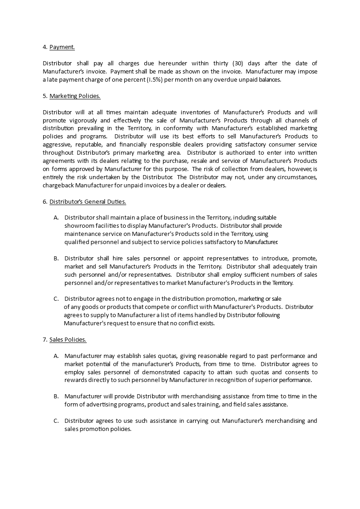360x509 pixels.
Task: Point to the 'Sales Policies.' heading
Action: point(68,339)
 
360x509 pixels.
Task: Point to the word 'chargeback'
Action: point(58,186)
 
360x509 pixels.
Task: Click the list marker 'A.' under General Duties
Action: point(56,218)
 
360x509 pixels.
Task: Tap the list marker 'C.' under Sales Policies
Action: point(56,421)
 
